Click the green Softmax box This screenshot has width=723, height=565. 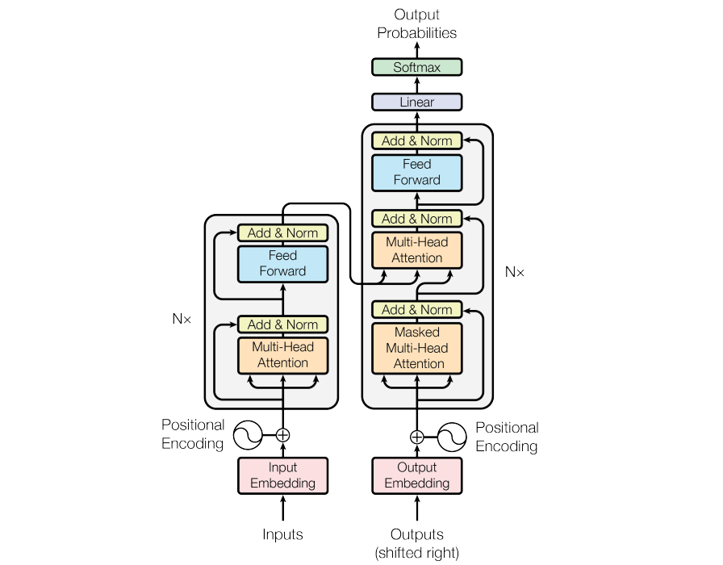point(417,67)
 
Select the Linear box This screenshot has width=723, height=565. point(417,102)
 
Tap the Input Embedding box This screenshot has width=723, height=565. point(282,475)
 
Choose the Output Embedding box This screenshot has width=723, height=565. point(417,475)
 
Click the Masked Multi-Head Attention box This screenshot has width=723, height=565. point(417,348)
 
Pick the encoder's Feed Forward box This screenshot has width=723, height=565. point(282,264)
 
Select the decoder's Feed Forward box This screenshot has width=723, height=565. point(417,173)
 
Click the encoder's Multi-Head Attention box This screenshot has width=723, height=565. point(282,355)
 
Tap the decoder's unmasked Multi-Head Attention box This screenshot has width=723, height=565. point(417,250)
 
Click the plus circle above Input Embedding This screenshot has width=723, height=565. point(282,435)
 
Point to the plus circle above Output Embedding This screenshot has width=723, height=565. point(417,437)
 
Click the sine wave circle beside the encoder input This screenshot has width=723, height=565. point(248,435)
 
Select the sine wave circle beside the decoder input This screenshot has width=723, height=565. point(452,437)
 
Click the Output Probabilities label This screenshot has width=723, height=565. point(417,23)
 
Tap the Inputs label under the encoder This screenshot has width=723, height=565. point(282,534)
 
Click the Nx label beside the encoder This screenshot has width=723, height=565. point(182,319)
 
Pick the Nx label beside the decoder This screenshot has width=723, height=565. point(515,272)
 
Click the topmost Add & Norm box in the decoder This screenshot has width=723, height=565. point(417,140)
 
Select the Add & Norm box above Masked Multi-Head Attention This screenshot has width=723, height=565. point(417,309)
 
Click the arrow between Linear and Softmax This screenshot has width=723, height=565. point(417,85)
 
